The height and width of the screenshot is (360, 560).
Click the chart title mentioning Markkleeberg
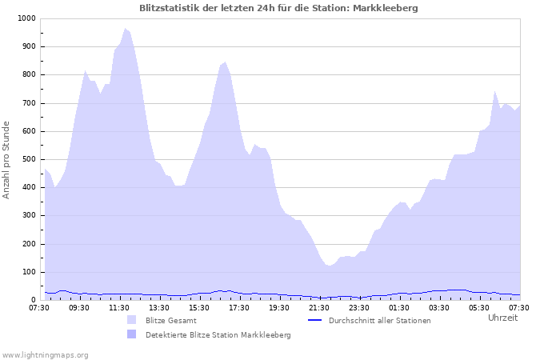278,8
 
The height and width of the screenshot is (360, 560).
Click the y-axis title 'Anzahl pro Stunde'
6,159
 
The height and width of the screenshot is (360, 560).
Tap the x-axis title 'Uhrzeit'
502,318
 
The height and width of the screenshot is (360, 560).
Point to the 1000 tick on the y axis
26,18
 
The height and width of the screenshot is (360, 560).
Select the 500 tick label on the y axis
28,159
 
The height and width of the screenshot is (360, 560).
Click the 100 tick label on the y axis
28,272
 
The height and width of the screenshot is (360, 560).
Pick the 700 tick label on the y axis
28,103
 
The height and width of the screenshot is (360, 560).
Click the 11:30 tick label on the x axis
119,307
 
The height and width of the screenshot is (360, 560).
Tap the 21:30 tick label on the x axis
319,307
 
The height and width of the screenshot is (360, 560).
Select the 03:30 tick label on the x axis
439,307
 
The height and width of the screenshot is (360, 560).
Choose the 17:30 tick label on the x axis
239,307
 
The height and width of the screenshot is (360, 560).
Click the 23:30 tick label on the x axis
359,307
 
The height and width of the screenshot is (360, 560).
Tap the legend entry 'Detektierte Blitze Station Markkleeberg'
218,334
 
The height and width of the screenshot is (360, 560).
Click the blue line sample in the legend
314,320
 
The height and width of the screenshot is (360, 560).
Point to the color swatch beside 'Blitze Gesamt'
131,320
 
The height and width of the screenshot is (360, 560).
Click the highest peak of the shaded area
125,29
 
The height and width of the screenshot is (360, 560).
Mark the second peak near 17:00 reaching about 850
225,62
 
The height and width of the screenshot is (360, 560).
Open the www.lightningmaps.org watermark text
45,354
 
